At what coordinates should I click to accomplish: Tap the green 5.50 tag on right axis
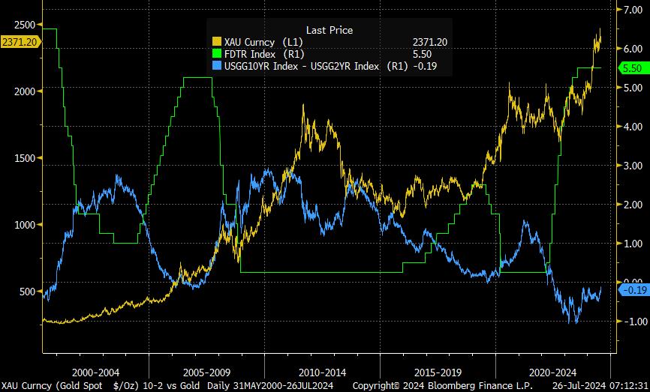point(632,68)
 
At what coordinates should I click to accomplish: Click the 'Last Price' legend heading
point(330,30)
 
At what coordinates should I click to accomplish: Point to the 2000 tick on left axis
point(24,91)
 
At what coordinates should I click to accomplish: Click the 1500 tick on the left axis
point(24,158)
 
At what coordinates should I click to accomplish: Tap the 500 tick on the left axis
point(27,292)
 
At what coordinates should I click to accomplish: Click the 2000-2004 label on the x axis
point(95,373)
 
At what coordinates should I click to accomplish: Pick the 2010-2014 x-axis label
point(322,373)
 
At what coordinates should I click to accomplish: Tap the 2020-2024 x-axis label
point(552,373)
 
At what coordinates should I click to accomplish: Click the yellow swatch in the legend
point(217,42)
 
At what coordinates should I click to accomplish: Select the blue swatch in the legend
point(217,66)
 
